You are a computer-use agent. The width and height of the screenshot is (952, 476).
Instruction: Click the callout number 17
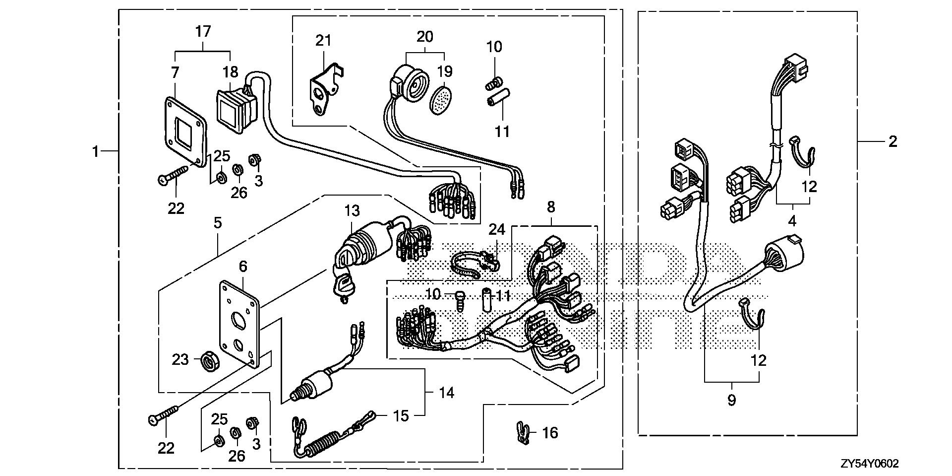pyautogui.click(x=203, y=32)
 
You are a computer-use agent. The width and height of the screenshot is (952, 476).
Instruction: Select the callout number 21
pyautogui.click(x=323, y=40)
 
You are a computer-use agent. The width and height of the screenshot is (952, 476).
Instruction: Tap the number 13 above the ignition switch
pyautogui.click(x=352, y=211)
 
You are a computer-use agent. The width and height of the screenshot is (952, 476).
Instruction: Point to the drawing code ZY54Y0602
pyautogui.click(x=869, y=464)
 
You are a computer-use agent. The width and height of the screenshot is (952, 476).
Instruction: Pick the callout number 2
pyautogui.click(x=892, y=142)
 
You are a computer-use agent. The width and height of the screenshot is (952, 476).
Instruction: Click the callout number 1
pyautogui.click(x=96, y=151)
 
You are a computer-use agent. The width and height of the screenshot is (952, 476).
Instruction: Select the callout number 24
pyautogui.click(x=497, y=229)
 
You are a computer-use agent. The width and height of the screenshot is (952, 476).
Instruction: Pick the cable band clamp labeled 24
pyautogui.click(x=474, y=263)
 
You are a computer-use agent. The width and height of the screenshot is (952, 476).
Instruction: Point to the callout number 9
pyautogui.click(x=732, y=400)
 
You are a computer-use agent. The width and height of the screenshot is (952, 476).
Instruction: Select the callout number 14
pyautogui.click(x=446, y=393)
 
